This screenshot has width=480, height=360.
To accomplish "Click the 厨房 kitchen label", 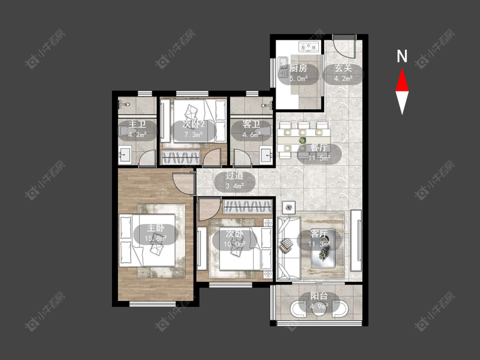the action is point(298,68).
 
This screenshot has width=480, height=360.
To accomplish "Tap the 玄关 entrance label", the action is point(343,68).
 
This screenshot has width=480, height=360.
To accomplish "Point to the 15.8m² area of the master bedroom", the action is point(156,238).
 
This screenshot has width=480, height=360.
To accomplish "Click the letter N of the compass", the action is point(402,56).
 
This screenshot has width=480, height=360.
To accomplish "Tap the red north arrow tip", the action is point(402,69).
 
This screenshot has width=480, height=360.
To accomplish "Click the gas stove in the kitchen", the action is point(308,47).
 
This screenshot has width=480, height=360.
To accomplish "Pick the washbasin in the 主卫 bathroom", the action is point(125,155).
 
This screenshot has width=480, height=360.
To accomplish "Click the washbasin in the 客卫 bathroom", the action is point(266,155).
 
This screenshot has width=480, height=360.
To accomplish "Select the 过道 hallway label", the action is point(235,176).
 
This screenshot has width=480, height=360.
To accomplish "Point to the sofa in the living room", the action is point(289,249).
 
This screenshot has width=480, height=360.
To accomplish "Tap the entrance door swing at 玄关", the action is point(344,46).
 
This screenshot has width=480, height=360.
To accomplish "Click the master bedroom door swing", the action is point(183,183).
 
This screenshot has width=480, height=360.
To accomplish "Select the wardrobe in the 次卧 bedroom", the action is point(247,207).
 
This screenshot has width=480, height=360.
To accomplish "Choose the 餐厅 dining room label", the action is point(319,147).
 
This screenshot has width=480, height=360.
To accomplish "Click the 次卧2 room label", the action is point(193,124).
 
